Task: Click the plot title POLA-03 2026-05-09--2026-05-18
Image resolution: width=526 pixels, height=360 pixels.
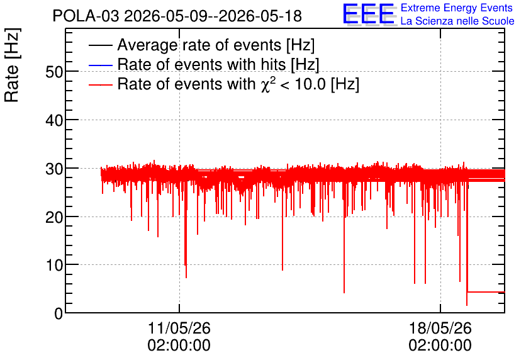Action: pos(177,16)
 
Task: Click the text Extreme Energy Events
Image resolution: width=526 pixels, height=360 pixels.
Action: pos(457,8)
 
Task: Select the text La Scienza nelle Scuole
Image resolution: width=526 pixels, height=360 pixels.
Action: pos(457,21)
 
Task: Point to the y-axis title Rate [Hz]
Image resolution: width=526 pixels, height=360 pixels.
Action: pos(12,65)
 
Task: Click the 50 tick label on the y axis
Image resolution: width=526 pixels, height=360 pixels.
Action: pos(54,72)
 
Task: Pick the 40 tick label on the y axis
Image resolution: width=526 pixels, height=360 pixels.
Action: pos(54,120)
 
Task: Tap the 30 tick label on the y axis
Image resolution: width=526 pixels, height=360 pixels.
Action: pos(54,169)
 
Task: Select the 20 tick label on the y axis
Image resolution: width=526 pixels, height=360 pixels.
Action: pos(54,217)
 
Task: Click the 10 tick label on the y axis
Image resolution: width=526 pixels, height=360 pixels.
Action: pos(54,266)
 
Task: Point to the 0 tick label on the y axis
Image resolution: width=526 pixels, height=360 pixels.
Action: pos(59,313)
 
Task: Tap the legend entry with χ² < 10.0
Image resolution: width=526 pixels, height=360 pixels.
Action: pos(238,84)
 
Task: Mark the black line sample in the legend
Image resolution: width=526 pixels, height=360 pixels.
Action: pos(100,45)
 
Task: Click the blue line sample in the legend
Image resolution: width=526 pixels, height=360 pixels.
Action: pos(100,65)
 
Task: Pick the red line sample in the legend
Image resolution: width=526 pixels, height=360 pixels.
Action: pos(100,84)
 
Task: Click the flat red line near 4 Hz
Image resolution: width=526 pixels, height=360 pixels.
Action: pos(486,292)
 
